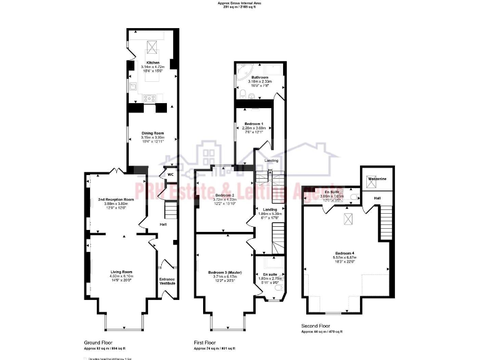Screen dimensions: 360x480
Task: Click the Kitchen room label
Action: point(152,63)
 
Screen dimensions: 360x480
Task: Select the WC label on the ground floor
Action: point(171,174)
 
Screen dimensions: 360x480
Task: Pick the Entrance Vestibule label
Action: point(167,281)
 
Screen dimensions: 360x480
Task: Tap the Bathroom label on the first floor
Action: point(259,77)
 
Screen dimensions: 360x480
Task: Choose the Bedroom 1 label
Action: point(253,124)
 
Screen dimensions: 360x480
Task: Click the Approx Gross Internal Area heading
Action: point(240,3)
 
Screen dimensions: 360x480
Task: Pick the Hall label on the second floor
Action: point(377,199)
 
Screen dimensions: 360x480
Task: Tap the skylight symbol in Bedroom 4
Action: point(346,217)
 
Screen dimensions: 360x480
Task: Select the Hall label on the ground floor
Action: point(162,224)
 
